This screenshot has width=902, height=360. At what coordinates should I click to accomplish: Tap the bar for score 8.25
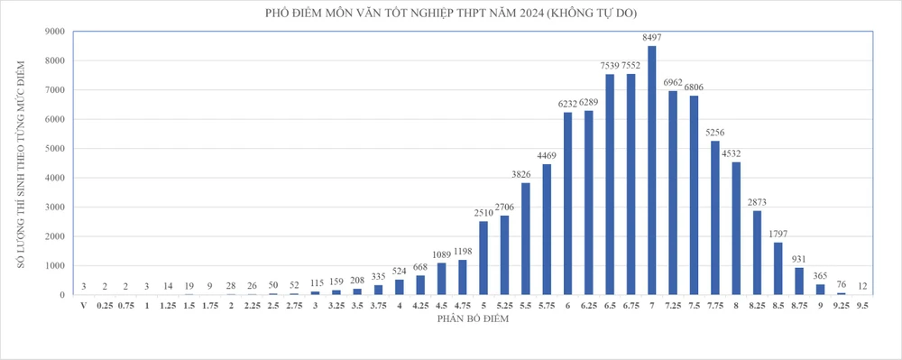pyautogui.click(x=757, y=253)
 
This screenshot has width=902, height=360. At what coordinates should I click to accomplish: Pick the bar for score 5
pyautogui.click(x=483, y=258)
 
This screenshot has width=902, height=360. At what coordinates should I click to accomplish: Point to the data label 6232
pyautogui.click(x=568, y=104)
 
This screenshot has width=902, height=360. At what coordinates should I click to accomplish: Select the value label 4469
pyautogui.click(x=548, y=155)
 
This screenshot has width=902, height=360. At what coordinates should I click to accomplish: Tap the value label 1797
pyautogui.click(x=778, y=234)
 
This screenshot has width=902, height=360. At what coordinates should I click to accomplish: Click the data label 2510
pyautogui.click(x=483, y=213)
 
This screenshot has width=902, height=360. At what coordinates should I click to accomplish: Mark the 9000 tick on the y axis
pyautogui.click(x=54, y=32)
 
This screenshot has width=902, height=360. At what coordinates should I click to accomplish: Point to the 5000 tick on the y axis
pyautogui.click(x=54, y=149)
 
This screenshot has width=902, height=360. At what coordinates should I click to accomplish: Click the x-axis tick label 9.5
pyautogui.click(x=862, y=306)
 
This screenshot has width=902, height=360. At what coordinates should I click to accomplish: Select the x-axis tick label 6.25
pyautogui.click(x=589, y=306)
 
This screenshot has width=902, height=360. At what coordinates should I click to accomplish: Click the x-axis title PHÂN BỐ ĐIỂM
pyautogui.click(x=473, y=319)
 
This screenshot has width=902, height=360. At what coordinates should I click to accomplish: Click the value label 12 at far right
pyautogui.click(x=862, y=287)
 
